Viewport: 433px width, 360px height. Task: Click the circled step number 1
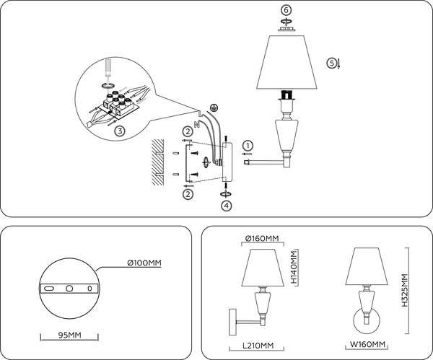(248, 144)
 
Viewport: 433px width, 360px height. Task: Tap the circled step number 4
(227, 205)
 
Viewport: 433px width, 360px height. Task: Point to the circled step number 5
(332, 63)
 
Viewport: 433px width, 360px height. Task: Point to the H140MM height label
(294, 268)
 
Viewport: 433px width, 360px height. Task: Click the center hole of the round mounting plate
(70, 289)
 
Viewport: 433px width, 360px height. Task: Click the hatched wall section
(157, 165)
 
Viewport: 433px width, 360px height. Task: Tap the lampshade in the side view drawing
(263, 267)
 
